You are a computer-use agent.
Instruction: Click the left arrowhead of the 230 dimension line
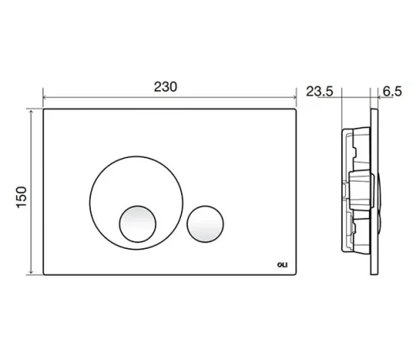[x=44, y=97]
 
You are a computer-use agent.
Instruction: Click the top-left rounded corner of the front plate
[x=44, y=110]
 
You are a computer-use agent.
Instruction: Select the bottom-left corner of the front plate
[x=44, y=273]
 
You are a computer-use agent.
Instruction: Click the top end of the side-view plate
[x=373, y=110]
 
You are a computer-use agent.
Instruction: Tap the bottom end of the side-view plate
[x=373, y=273]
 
